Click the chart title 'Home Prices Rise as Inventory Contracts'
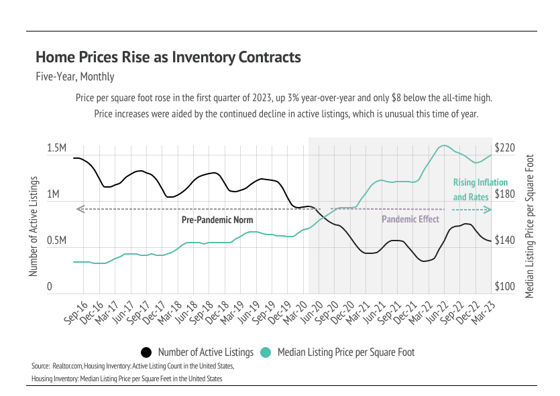click(x=168, y=58)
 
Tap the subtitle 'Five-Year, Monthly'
click(x=74, y=77)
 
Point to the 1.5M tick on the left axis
click(x=56, y=148)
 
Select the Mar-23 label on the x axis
click(x=480, y=314)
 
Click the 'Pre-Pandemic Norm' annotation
click(x=217, y=220)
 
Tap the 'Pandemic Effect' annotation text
click(x=410, y=219)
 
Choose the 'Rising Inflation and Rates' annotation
click(x=480, y=190)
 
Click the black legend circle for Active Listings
click(x=146, y=352)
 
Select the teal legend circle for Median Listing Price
click(x=266, y=352)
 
